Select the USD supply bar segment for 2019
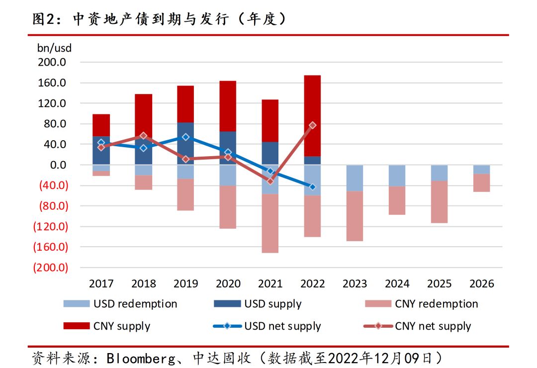click(x=185, y=149)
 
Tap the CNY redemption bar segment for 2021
click(x=270, y=223)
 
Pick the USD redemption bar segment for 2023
click(x=355, y=178)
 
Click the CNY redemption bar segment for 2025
click(x=439, y=201)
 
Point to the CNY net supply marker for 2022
click(x=312, y=125)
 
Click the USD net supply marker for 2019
click(x=185, y=137)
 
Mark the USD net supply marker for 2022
click(x=312, y=186)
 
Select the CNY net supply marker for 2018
click(x=143, y=136)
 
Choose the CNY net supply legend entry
click(x=433, y=326)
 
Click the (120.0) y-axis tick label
click(x=50, y=226)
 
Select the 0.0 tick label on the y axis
click(x=60, y=165)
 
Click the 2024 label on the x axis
click(x=397, y=283)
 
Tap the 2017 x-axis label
click(x=101, y=283)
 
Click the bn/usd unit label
click(x=54, y=49)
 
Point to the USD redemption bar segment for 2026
click(x=481, y=169)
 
